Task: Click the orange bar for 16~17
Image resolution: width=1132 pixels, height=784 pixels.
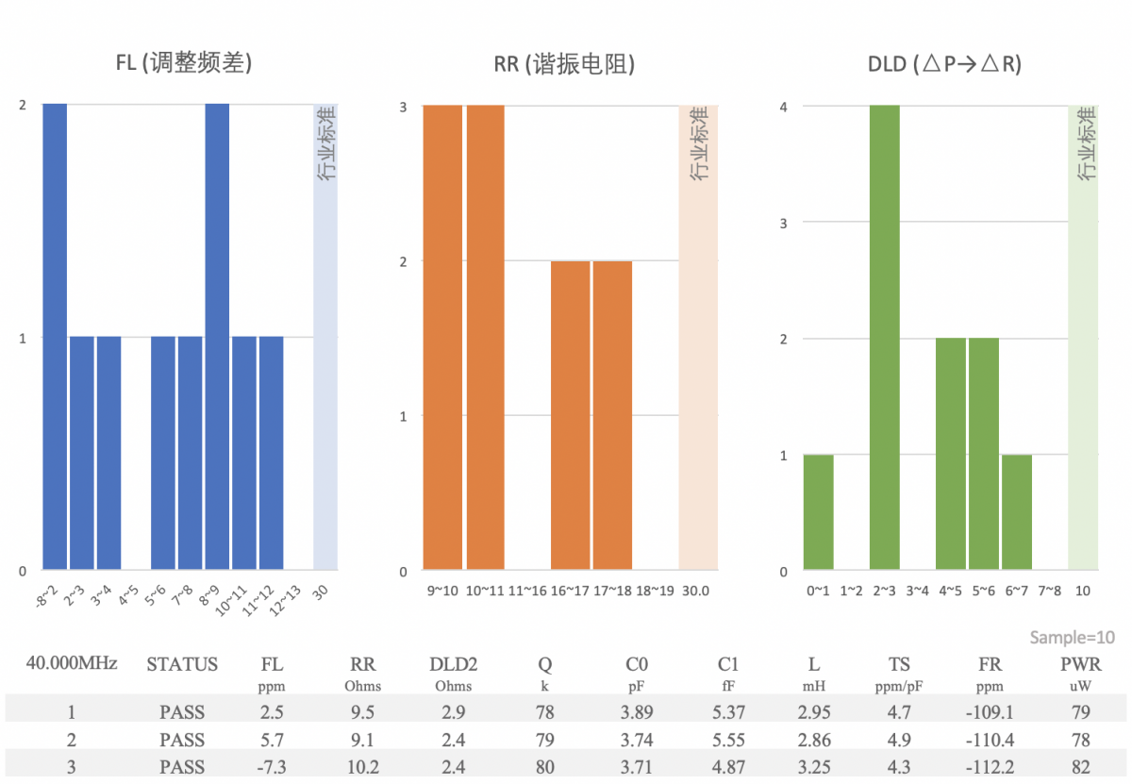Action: pyautogui.click(x=571, y=415)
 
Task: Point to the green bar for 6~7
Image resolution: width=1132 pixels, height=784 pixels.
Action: pyautogui.click(x=1017, y=512)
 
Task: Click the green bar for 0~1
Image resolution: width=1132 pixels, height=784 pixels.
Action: pyautogui.click(x=818, y=512)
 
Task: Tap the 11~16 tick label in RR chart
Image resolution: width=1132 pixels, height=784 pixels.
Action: pyautogui.click(x=527, y=591)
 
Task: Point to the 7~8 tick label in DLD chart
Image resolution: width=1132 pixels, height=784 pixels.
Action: pyautogui.click(x=1050, y=591)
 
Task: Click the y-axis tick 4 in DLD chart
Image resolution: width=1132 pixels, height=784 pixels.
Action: pyautogui.click(x=782, y=107)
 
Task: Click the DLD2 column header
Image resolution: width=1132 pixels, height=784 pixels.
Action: pyautogui.click(x=454, y=664)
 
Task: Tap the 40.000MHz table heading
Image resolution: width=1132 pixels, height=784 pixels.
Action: pyautogui.click(x=72, y=663)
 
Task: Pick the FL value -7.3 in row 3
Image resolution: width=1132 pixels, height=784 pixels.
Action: pyautogui.click(x=272, y=767)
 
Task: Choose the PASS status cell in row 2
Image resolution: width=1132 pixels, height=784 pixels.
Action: pyautogui.click(x=182, y=740)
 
